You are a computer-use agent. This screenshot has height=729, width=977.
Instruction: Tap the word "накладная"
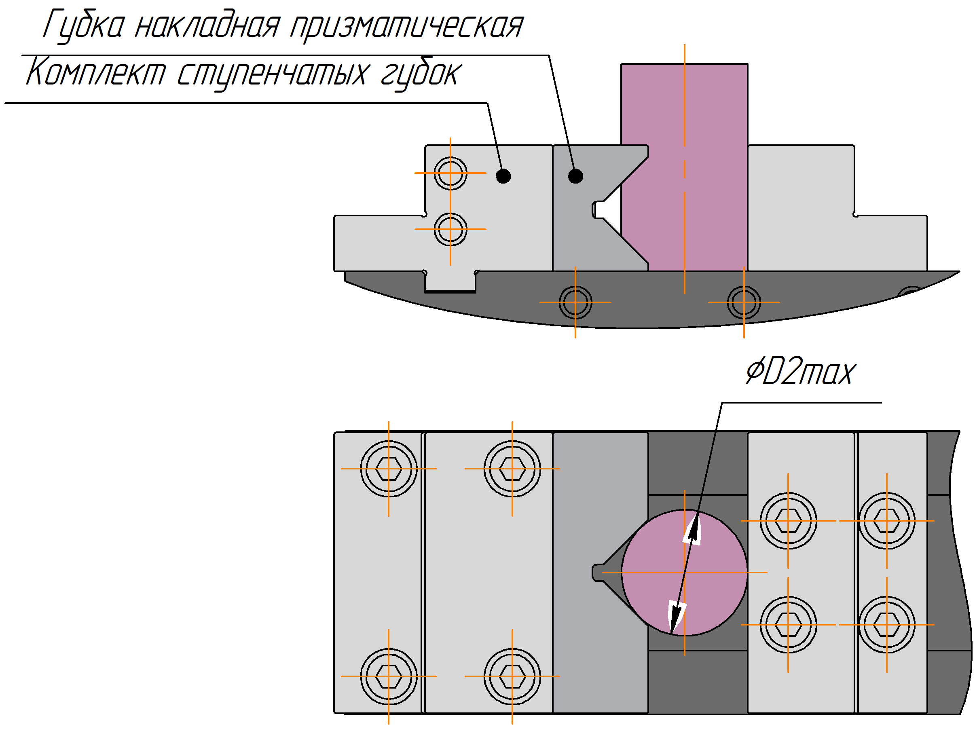point(207,25)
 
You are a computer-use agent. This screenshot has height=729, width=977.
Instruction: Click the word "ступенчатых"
point(272,74)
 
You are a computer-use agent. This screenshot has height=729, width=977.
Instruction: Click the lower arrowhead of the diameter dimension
point(677,617)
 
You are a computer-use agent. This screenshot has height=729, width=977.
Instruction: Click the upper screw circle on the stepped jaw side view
point(450,173)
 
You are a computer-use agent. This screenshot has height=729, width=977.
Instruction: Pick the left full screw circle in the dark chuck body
point(575,302)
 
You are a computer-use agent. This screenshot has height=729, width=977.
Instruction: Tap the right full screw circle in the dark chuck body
point(744,302)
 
